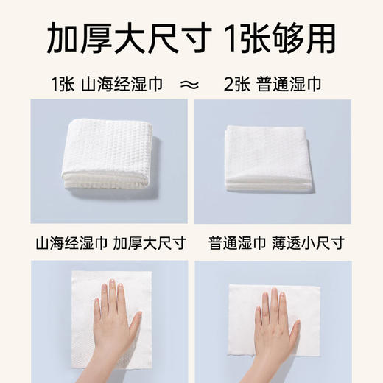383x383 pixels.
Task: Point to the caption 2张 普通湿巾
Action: point(279,83)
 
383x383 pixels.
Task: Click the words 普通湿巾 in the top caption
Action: point(292,83)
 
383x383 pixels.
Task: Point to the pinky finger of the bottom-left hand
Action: point(96,303)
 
